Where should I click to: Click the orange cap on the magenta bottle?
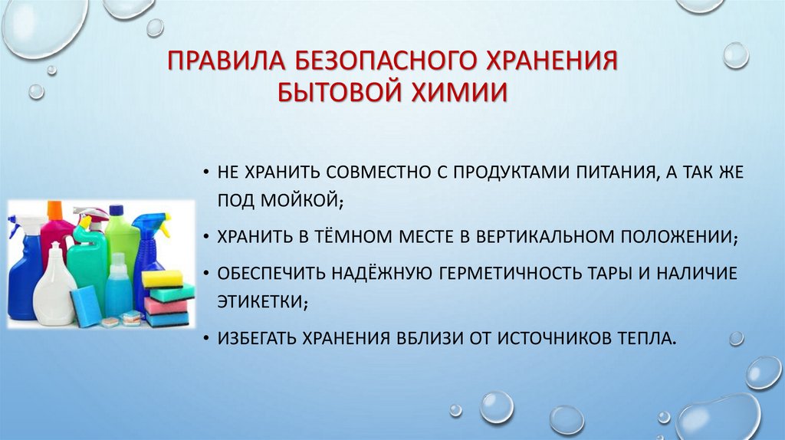coord(54,209)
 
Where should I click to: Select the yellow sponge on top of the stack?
coord(162,278)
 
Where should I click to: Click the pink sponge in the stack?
coord(166,305)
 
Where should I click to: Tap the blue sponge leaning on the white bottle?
coord(85,305)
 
